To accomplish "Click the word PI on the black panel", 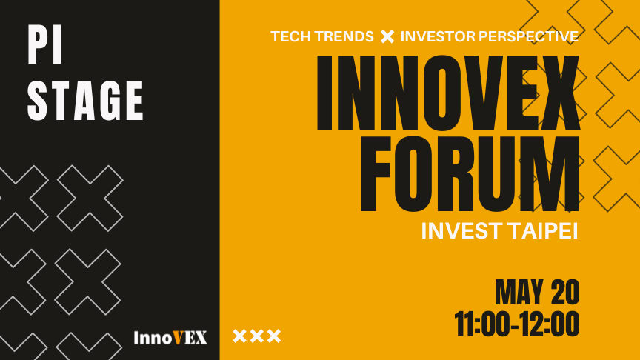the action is point(45,44).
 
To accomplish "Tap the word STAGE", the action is point(85,101).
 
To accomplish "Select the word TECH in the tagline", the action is point(287,36).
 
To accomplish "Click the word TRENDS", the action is point(341,36).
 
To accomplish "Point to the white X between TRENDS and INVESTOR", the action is point(387,36).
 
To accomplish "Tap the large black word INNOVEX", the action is point(448,93).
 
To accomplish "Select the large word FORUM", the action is point(470,174).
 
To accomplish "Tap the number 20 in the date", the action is point(565,292).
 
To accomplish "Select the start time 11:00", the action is point(482,324).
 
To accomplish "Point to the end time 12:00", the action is point(550,324).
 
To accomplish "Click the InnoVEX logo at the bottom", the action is point(170,338).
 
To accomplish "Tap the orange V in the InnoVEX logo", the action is point(178,338).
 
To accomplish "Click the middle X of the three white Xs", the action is point(257,336).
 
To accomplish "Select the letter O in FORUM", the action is point(413,174).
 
